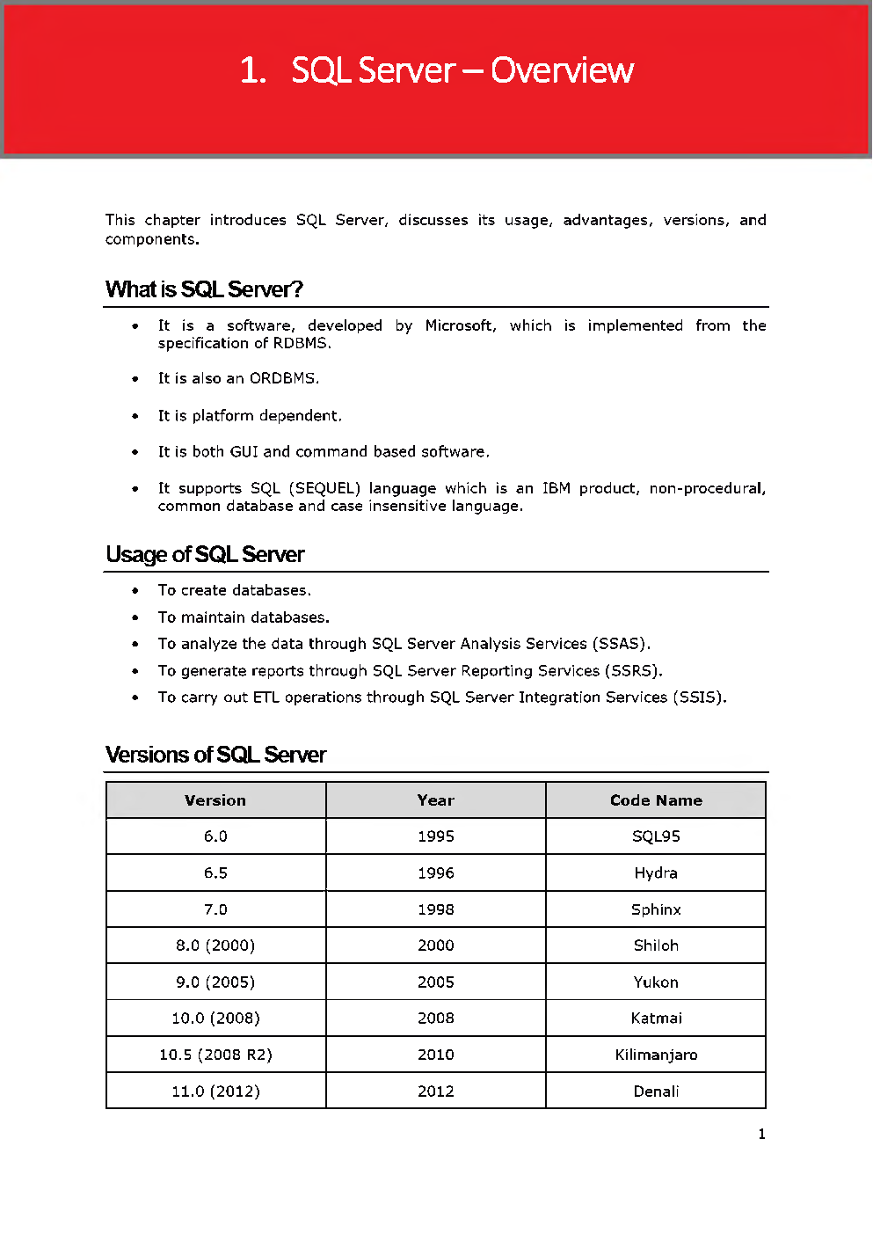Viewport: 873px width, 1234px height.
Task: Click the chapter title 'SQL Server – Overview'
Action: coord(462,70)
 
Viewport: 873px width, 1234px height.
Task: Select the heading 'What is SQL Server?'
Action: coord(204,289)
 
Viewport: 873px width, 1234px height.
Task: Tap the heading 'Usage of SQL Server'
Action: coord(205,554)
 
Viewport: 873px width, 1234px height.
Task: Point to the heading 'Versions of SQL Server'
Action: coord(215,755)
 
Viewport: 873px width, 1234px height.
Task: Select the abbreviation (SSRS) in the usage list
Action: coord(632,671)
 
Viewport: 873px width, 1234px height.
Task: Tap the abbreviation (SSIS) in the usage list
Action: coord(698,697)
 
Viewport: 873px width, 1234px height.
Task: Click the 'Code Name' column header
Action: coord(656,800)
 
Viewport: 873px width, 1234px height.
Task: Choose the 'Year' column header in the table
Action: coord(435,800)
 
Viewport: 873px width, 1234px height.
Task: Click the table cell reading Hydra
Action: coord(656,873)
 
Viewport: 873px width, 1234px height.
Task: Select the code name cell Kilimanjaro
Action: coord(656,1055)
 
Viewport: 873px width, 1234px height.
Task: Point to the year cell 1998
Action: coord(435,909)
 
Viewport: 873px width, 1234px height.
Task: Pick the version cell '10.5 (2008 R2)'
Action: coord(215,1055)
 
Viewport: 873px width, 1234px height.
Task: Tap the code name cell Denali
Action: coord(656,1092)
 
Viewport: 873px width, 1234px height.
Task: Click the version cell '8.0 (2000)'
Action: coord(215,946)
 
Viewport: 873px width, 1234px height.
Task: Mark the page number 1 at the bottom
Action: coord(761,1135)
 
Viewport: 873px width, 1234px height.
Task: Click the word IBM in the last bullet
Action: coord(556,488)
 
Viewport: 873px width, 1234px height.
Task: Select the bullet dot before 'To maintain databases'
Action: coord(135,617)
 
